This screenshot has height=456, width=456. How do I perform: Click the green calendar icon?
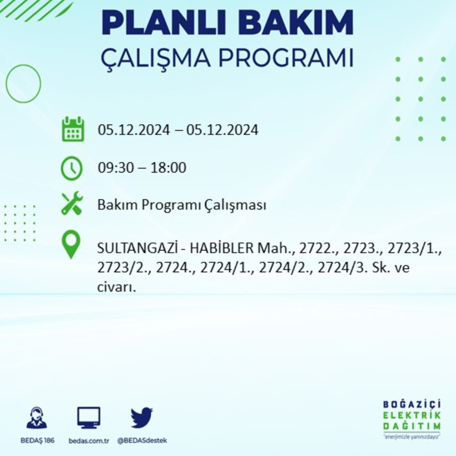coord(72,129)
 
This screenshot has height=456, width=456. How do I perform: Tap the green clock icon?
coord(72,168)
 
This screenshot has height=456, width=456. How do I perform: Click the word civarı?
coord(116,288)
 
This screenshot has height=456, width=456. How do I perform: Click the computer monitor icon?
coord(88,417)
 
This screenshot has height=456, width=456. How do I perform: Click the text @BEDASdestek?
coord(142,440)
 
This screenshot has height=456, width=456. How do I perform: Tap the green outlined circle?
coord(23,83)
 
